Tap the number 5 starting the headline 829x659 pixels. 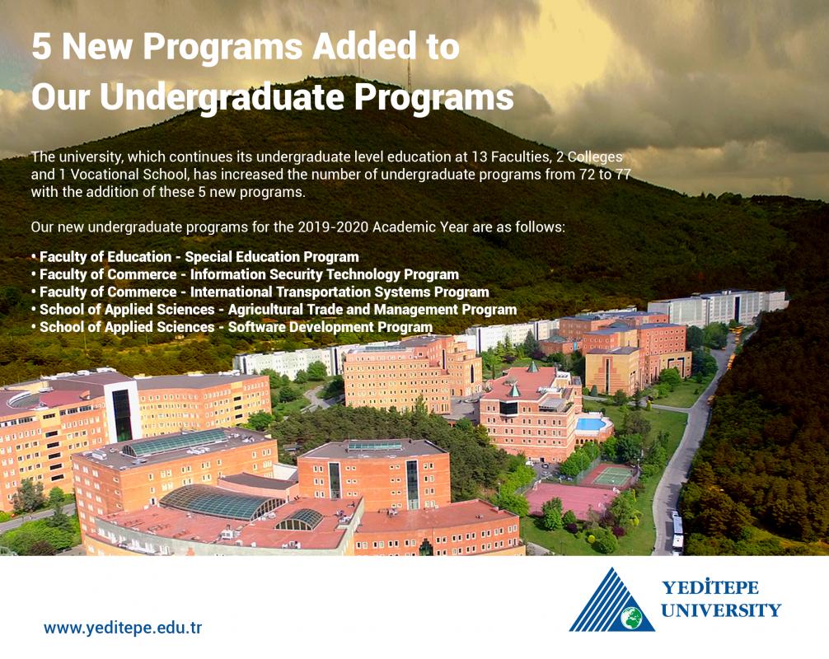tap(42, 46)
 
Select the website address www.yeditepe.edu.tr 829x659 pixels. tap(123, 628)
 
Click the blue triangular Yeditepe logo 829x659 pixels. tap(611, 601)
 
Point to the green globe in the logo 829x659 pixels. tap(631, 617)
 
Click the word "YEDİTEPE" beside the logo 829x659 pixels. tap(710, 587)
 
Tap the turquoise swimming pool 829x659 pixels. tap(591, 424)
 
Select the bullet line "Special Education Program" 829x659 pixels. tap(194, 257)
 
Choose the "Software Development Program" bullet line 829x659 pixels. tap(232, 328)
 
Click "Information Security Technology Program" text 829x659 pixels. tap(324, 275)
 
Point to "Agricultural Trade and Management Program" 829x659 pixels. tap(372, 310)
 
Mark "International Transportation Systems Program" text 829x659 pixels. tap(340, 292)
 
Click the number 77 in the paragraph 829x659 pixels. tap(623, 175)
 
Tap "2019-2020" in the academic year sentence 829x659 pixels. tap(333, 227)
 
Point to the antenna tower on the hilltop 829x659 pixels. tap(409, 74)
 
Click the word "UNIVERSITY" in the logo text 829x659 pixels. tap(720, 610)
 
